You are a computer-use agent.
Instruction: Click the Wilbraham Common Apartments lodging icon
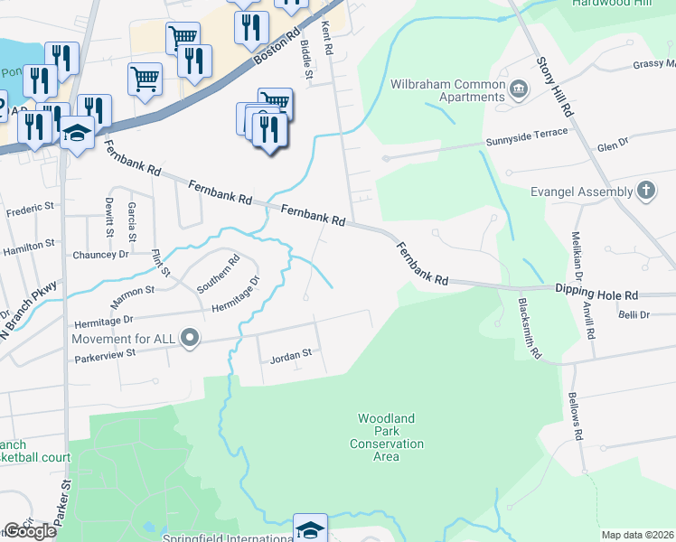[x=519, y=89]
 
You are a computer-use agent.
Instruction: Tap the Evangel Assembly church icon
[x=645, y=191]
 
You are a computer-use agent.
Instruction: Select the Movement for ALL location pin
[x=190, y=339]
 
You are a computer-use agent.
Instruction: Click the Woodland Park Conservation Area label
[x=386, y=437]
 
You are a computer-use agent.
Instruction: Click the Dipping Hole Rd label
[x=597, y=294]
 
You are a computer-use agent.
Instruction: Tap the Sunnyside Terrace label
[x=528, y=135]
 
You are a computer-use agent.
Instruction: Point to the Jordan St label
[x=290, y=358]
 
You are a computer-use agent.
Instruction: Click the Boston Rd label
[x=275, y=48]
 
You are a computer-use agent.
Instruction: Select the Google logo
[x=30, y=531]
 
